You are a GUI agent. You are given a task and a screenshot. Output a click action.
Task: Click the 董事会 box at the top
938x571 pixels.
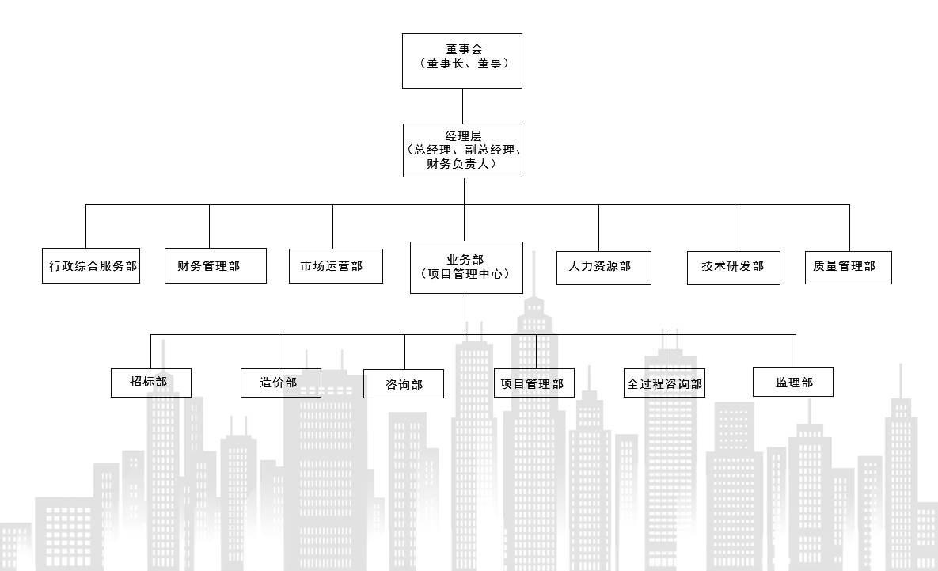coord(462,60)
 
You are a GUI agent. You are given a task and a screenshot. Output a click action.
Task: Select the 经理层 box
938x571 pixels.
coord(462,150)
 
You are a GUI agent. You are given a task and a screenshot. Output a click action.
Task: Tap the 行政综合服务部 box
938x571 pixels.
coord(91,266)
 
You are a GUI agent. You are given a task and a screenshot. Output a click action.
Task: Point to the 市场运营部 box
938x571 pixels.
coord(336,266)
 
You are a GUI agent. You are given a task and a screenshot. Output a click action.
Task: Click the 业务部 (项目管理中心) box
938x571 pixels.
coord(466,267)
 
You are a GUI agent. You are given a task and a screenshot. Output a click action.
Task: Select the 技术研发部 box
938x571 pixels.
coord(734,267)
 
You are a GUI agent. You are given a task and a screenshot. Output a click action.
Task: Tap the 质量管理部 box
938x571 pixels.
coord(848,267)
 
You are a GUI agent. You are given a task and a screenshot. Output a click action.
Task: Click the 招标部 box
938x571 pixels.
coord(150,382)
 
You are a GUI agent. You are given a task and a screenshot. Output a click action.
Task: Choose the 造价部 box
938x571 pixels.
coord(280,382)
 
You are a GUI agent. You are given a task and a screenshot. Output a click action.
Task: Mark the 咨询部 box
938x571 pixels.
coord(404,384)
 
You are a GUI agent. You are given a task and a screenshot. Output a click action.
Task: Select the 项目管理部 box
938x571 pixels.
coord(534,383)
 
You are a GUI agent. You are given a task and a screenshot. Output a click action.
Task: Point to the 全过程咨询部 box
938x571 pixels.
coord(664,383)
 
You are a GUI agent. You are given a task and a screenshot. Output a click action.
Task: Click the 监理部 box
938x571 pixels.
coord(793,382)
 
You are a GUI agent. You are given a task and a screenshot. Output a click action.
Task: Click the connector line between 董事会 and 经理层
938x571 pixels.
coord(462,106)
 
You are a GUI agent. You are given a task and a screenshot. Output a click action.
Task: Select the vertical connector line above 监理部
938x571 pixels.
coord(796,351)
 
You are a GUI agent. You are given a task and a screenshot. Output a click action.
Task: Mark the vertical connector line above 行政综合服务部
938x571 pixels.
coord(86,226)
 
